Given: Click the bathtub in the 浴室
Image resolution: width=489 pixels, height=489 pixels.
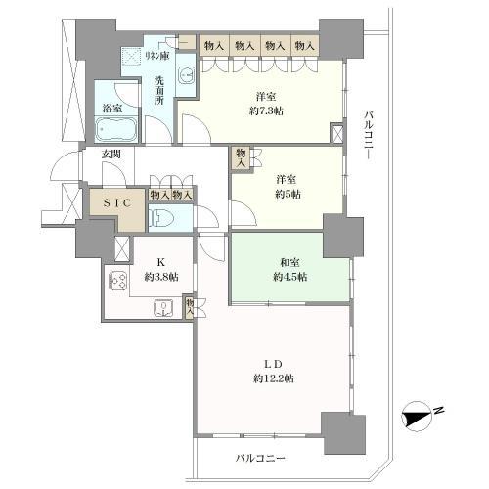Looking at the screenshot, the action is tap(115, 129).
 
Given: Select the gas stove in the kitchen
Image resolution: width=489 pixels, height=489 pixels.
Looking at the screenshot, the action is tap(118, 280).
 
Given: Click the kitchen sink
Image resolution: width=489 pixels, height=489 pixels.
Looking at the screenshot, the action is tap(164, 308).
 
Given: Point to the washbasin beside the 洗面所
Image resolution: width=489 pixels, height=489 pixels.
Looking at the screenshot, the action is tap(186, 74).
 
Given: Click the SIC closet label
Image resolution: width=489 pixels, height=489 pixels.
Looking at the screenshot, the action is tap(117, 202).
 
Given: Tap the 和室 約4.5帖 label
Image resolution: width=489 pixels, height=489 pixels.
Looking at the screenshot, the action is tap(289, 270).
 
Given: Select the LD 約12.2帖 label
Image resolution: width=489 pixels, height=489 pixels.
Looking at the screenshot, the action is tap(274, 372).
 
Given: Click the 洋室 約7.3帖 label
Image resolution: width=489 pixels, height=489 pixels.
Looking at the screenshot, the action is tap(266, 104).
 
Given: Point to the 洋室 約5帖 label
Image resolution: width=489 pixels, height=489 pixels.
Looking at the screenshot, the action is tap(288, 187).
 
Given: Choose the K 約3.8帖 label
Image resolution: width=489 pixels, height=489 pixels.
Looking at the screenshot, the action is tap(161, 270).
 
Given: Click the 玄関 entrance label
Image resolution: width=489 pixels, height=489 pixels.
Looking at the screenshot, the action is tap(111, 154).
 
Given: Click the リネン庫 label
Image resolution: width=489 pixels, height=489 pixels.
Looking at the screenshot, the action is tap(157, 56).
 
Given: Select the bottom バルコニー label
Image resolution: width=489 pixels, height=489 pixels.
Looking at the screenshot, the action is tap(260, 459).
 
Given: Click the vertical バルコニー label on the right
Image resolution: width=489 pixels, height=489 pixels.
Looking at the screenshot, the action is tap(369, 136).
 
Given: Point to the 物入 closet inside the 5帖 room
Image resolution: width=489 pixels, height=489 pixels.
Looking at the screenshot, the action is tap(241, 157).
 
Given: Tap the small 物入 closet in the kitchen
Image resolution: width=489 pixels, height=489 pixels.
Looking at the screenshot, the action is tap(190, 307).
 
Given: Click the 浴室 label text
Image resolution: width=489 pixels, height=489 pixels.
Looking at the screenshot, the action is tap(112, 109).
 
